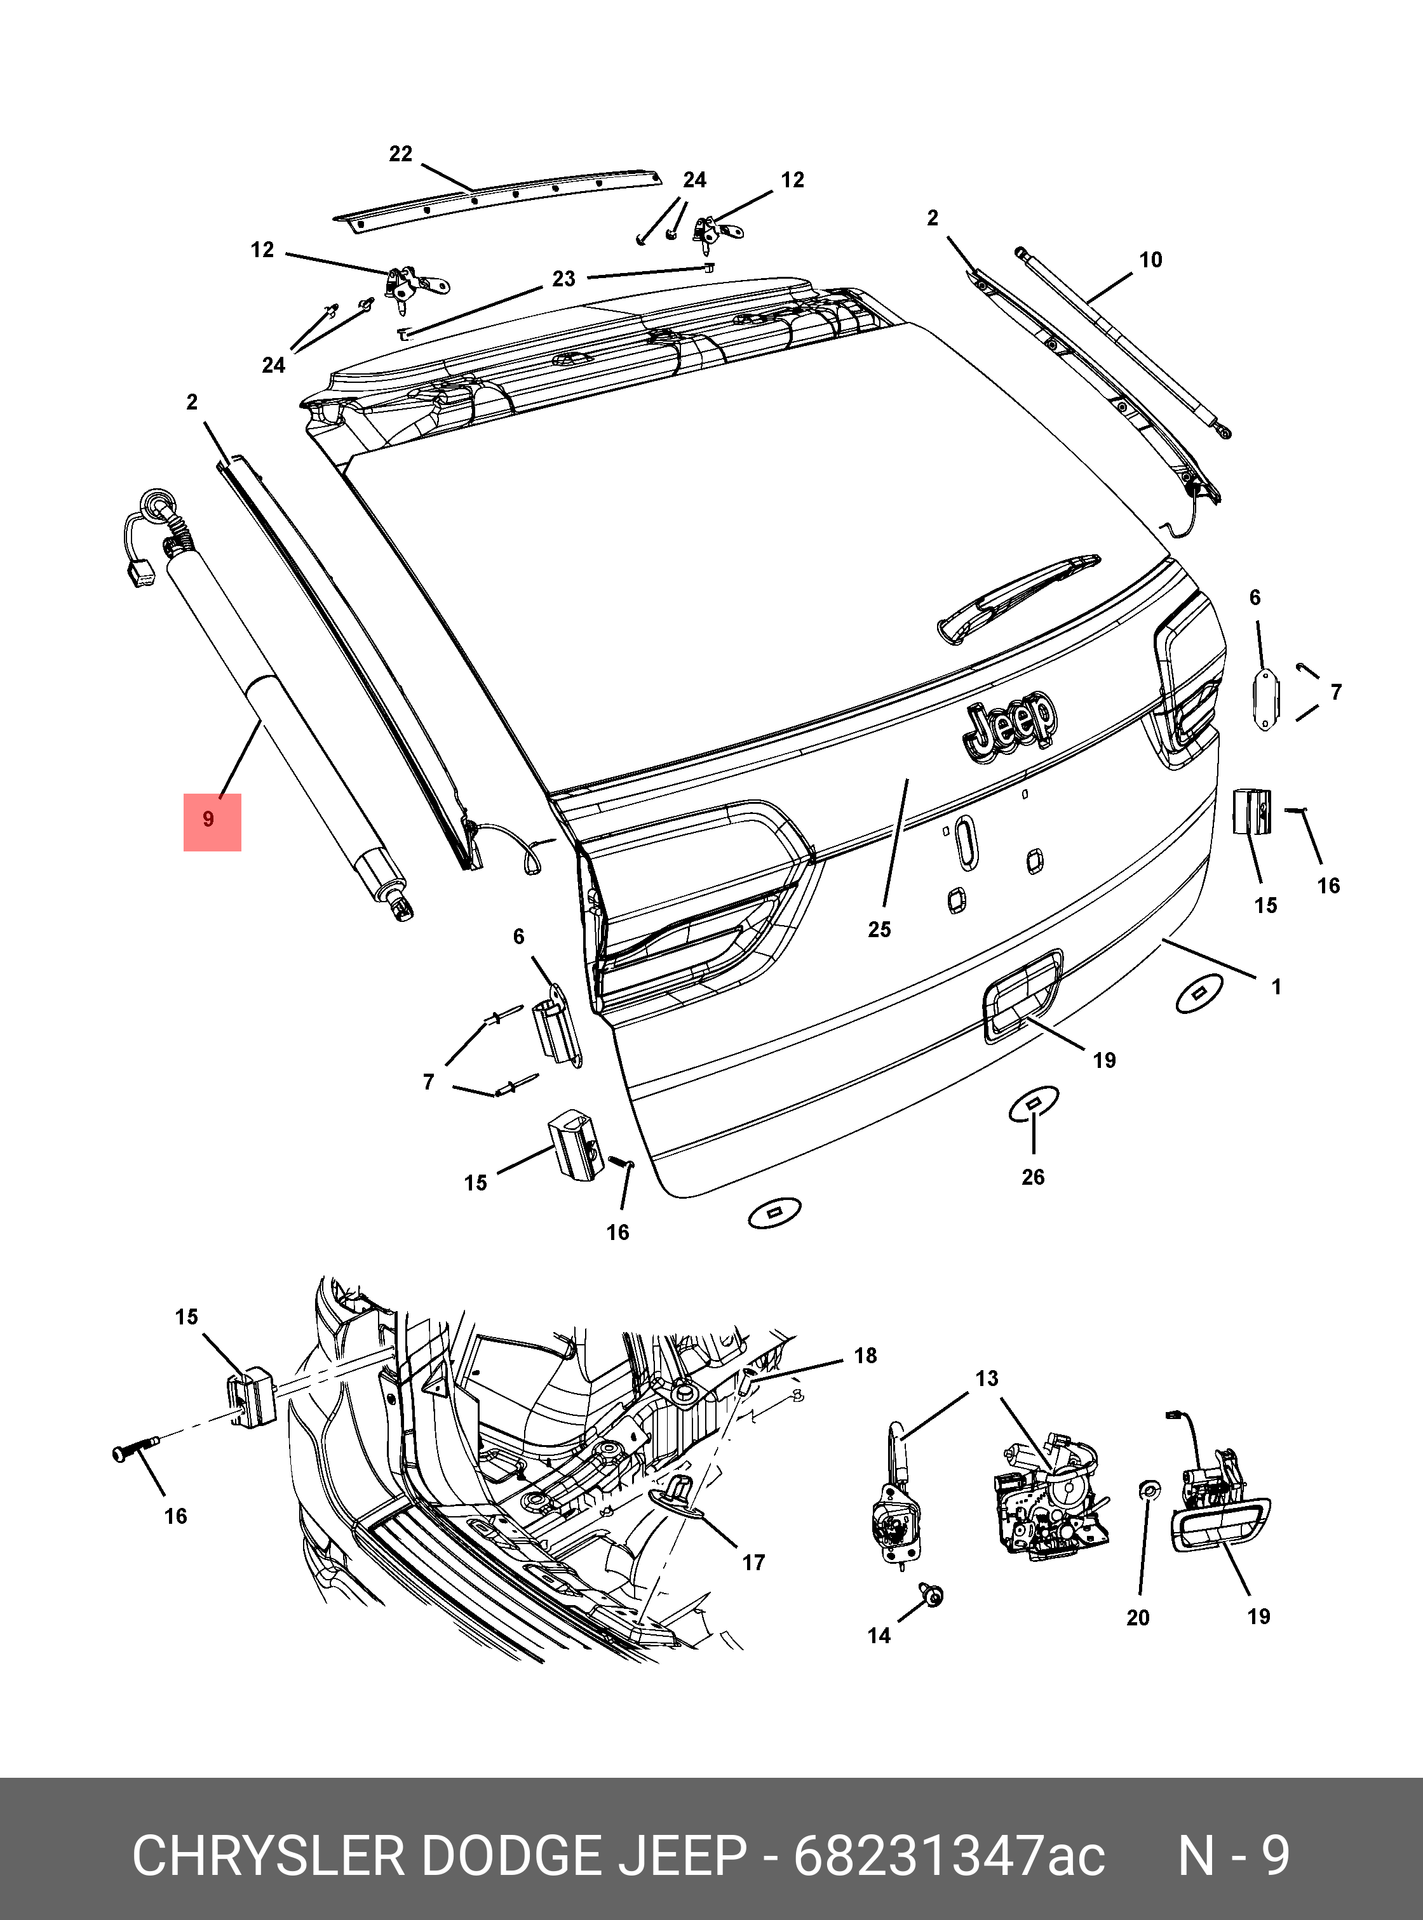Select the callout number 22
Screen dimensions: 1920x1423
tap(401, 154)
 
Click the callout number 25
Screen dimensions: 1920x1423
tap(879, 930)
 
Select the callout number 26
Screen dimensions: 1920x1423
tap(1033, 1177)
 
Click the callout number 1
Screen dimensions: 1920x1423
tap(1276, 987)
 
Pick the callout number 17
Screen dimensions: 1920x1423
tap(753, 1563)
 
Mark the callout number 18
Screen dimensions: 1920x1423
tap(865, 1356)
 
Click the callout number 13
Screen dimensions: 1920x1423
tap(987, 1378)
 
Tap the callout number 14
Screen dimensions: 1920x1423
tap(879, 1635)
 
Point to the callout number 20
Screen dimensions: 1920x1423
tap(1138, 1618)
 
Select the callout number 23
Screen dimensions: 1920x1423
tap(563, 279)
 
